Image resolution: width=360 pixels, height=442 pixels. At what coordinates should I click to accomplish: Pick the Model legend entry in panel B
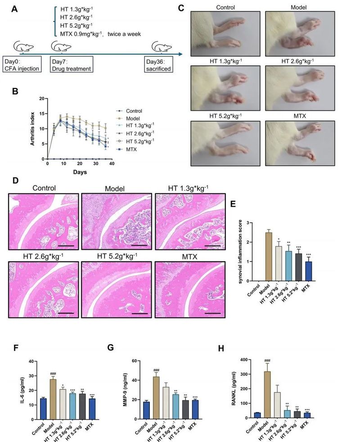point(135,118)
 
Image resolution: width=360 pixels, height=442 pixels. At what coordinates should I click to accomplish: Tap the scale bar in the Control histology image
point(65,245)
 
